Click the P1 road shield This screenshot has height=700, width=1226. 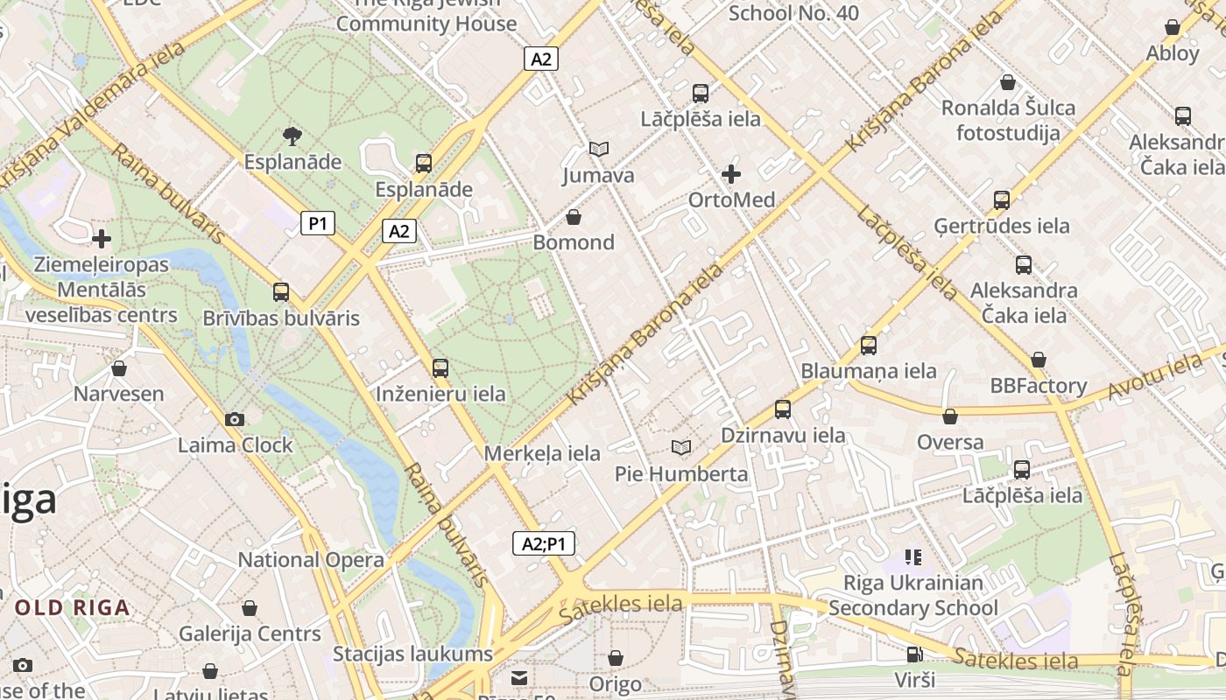(x=318, y=224)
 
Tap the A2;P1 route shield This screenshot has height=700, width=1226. (x=543, y=543)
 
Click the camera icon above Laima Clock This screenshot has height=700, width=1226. (x=234, y=420)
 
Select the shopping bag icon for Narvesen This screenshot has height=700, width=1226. (x=119, y=368)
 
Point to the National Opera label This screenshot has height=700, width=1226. (x=311, y=560)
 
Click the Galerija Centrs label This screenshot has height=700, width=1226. (x=250, y=633)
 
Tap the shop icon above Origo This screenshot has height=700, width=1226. (x=616, y=658)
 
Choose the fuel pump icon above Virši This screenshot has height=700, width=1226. (x=914, y=654)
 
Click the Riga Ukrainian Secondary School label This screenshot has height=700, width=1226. (x=913, y=595)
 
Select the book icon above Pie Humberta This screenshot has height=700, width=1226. (x=680, y=448)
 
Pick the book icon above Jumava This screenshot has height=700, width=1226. (x=599, y=150)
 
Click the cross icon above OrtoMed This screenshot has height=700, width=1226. (x=731, y=174)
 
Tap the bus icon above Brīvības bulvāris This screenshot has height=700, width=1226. (x=281, y=292)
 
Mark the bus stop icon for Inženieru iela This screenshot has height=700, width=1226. (x=440, y=368)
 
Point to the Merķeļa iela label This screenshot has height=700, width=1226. (x=542, y=453)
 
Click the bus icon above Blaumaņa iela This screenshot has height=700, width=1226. (x=869, y=346)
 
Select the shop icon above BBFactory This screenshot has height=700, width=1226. (x=1039, y=360)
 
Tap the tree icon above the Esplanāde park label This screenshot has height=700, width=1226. (x=292, y=136)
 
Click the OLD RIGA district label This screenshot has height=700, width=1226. (x=72, y=607)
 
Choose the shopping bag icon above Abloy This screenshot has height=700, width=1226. (x=1173, y=28)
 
